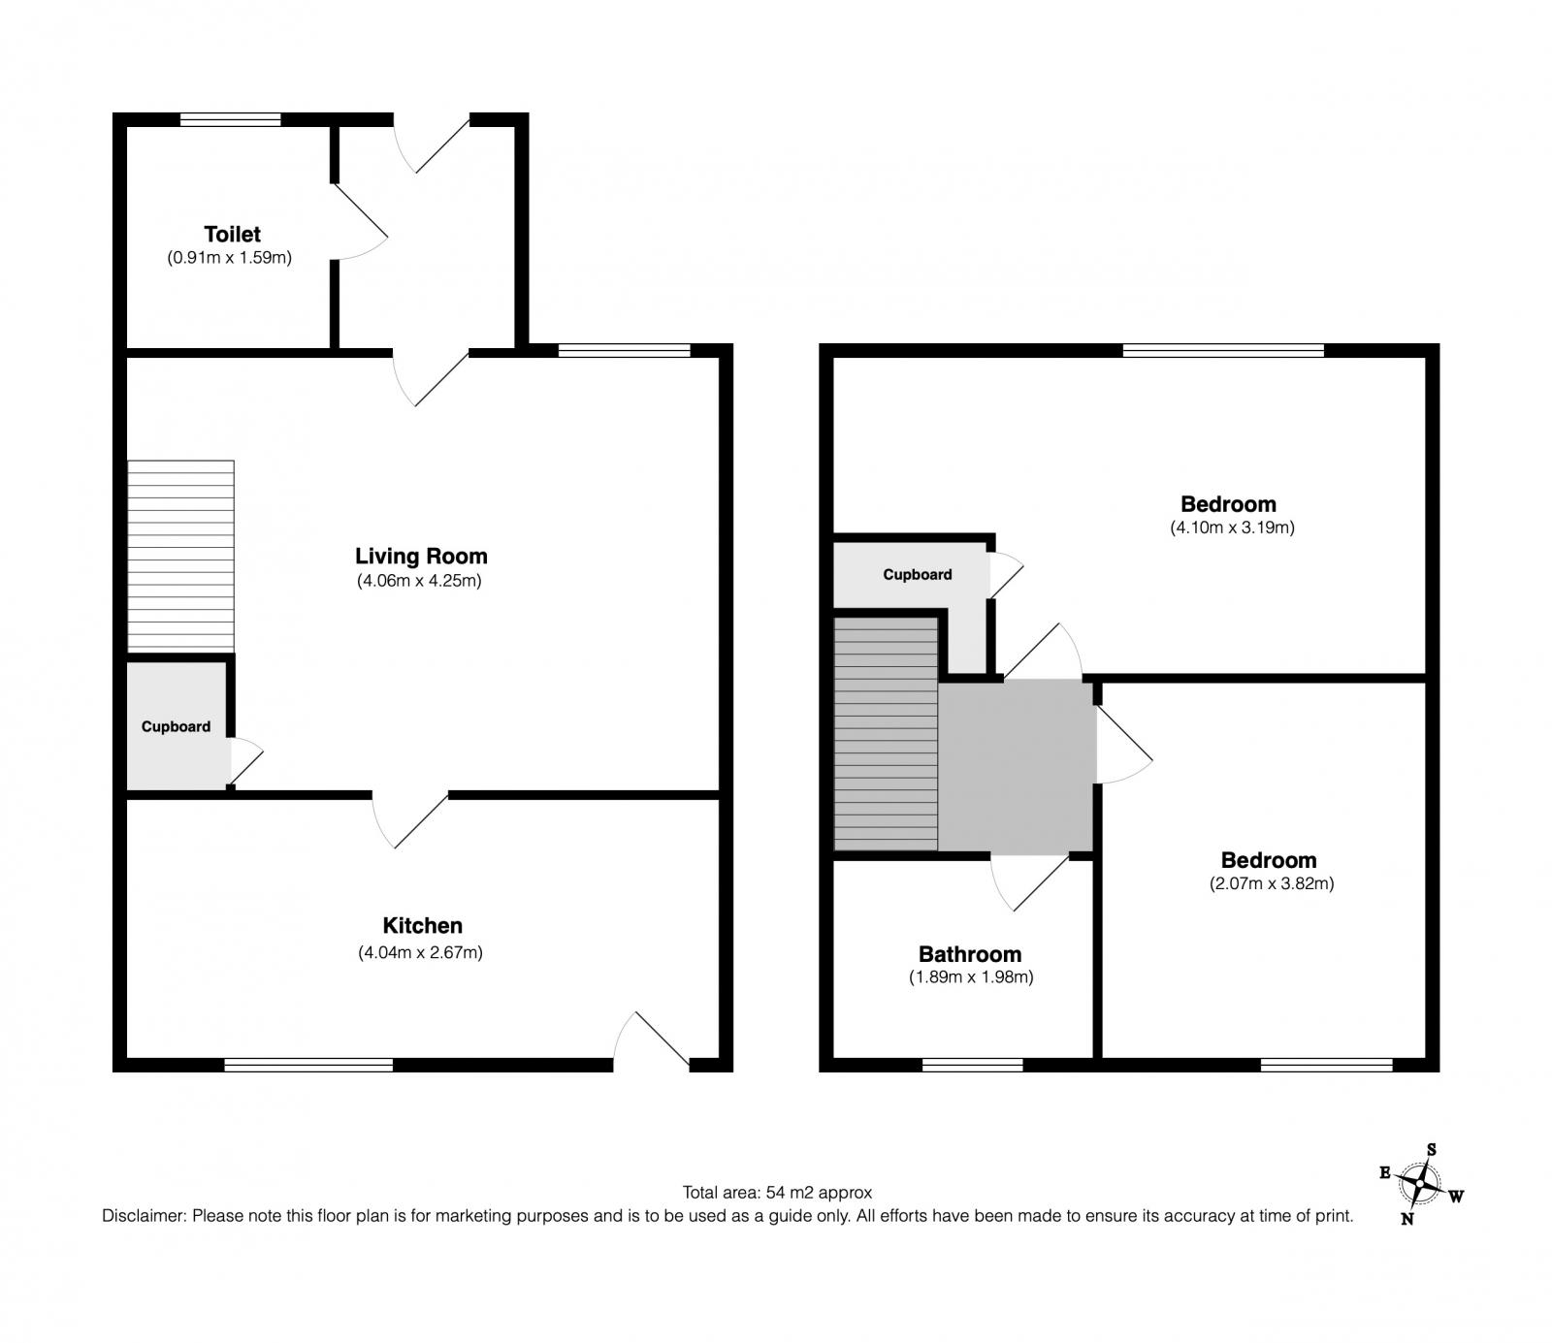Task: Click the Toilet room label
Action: pyautogui.click(x=232, y=234)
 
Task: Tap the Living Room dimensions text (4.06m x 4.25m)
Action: pyautogui.click(x=419, y=581)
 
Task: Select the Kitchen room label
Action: pyautogui.click(x=422, y=926)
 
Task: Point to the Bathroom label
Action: pyautogui.click(x=970, y=954)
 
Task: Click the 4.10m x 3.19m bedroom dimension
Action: pyautogui.click(x=1232, y=528)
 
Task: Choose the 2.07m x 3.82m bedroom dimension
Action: pyautogui.click(x=1272, y=883)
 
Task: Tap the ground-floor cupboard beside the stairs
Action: pyautogui.click(x=177, y=725)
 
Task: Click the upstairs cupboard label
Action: pyautogui.click(x=917, y=574)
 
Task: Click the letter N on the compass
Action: pyautogui.click(x=1406, y=1220)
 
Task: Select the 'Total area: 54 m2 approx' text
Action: pyautogui.click(x=777, y=1193)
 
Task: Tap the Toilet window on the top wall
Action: pyautogui.click(x=231, y=120)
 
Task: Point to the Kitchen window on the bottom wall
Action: pyautogui.click(x=308, y=1065)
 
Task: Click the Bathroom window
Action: pyautogui.click(x=972, y=1065)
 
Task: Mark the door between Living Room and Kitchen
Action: pyautogui.click(x=410, y=820)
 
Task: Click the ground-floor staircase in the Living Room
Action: pyautogui.click(x=181, y=556)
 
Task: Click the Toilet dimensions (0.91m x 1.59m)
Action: pyautogui.click(x=229, y=258)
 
